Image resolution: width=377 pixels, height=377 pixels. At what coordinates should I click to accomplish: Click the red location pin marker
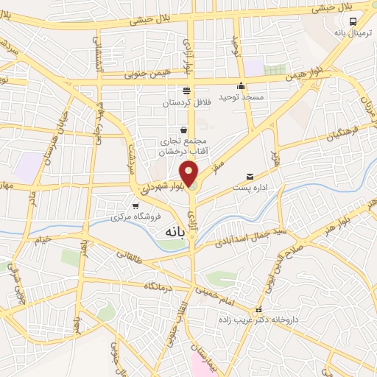point(189,174)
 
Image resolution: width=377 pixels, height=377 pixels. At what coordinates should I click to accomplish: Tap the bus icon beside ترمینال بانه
point(353,22)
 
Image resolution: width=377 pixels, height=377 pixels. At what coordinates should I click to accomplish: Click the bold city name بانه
point(169,231)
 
